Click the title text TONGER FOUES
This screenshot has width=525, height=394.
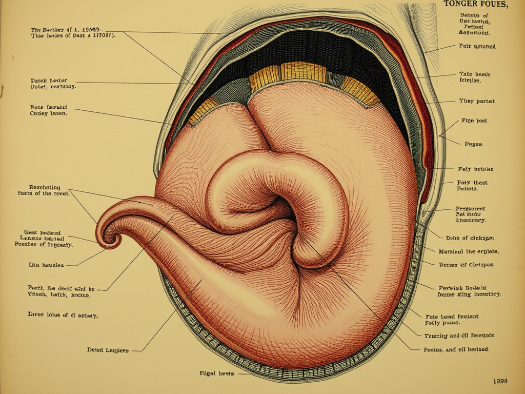click(x=476, y=5)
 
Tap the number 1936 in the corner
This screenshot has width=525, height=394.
click(x=500, y=381)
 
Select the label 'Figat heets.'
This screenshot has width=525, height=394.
click(x=217, y=373)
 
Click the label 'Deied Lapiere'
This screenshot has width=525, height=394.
click(x=108, y=350)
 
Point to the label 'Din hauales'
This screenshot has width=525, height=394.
click(x=46, y=265)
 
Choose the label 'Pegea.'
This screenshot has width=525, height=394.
click(x=473, y=144)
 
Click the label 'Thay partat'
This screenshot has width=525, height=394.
click(x=477, y=101)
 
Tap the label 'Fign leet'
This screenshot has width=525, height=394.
click(x=474, y=121)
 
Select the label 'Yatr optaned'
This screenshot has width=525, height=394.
click(x=477, y=46)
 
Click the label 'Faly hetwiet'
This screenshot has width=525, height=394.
click(x=475, y=169)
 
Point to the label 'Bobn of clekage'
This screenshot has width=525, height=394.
click(x=470, y=238)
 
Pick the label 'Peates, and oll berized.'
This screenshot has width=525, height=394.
click(x=456, y=349)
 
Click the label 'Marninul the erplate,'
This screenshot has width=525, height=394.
click(x=469, y=252)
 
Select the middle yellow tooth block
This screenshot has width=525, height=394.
click(x=303, y=72)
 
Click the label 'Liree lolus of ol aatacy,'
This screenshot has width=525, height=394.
click(x=63, y=315)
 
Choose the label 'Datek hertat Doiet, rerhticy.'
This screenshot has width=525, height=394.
click(x=53, y=84)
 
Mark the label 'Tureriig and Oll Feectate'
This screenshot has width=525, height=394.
click(x=459, y=335)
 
